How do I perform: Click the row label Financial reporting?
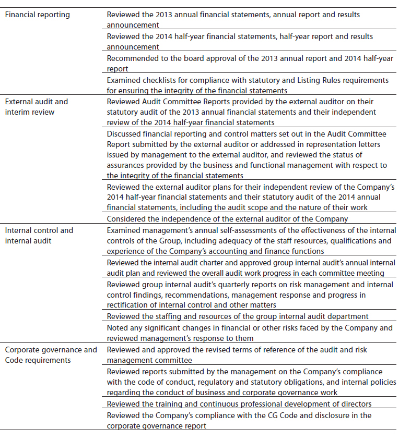click(x=37, y=15)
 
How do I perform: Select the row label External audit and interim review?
click(x=37, y=107)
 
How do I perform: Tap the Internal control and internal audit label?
click(x=39, y=235)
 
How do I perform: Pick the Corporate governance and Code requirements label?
click(x=51, y=354)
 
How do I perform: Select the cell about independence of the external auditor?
click(x=227, y=218)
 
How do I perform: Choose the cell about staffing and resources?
click(x=238, y=316)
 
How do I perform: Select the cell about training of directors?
click(x=240, y=404)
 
